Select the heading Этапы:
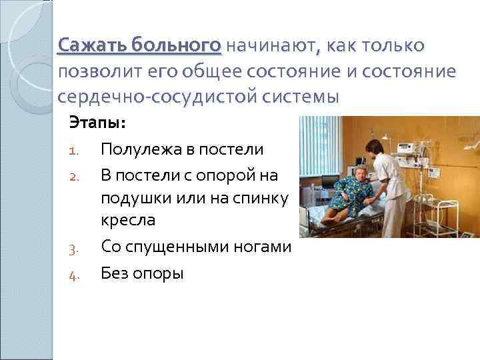click(x=97, y=124)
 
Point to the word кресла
click(x=127, y=221)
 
